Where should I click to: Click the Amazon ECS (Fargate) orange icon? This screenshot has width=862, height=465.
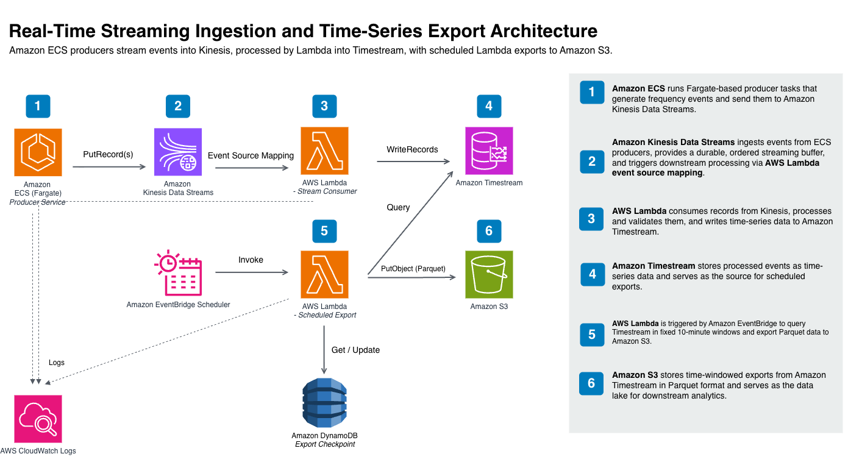(x=38, y=151)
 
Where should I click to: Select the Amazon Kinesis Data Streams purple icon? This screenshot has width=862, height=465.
(x=178, y=151)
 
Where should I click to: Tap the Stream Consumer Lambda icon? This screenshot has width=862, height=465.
(x=324, y=151)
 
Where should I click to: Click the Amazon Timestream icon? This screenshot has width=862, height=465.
(x=489, y=151)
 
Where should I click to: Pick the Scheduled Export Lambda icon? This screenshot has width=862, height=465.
(x=324, y=274)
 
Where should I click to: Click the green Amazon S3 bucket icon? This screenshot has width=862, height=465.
(x=489, y=274)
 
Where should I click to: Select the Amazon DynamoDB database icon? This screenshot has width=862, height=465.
(x=324, y=403)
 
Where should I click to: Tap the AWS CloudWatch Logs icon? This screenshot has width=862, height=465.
(x=38, y=419)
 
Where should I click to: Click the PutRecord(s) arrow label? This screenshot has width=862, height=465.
(x=108, y=155)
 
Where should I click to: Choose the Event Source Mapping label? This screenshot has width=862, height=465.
(x=251, y=155)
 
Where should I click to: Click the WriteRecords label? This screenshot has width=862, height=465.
(x=412, y=149)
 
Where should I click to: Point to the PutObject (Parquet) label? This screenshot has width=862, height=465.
(x=413, y=269)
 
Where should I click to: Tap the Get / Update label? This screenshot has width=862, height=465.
(x=355, y=350)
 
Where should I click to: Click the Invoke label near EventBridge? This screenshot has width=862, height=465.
(x=251, y=260)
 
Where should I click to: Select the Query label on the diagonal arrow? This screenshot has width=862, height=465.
(x=398, y=207)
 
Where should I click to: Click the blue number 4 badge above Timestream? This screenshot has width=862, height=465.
(x=489, y=106)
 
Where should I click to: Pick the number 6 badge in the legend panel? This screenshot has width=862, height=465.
(x=591, y=383)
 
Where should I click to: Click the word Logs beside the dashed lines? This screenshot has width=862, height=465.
(x=57, y=363)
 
